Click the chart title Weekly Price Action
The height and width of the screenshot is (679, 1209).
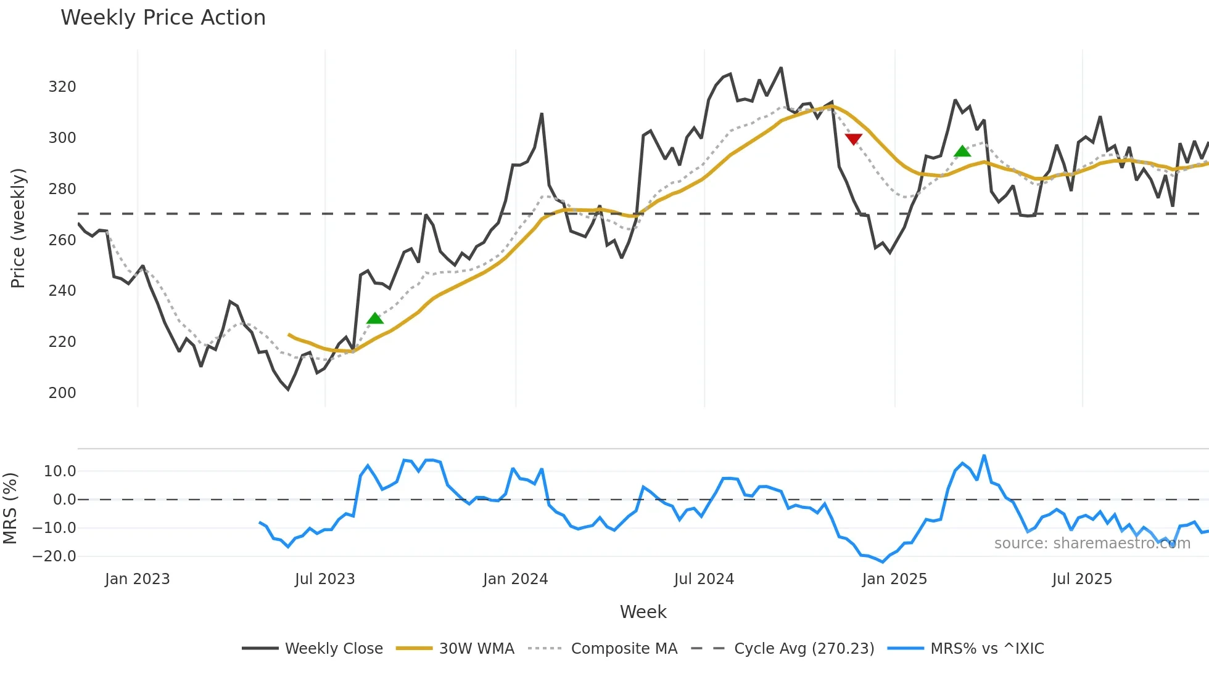(163, 18)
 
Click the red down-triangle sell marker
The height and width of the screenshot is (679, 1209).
(854, 139)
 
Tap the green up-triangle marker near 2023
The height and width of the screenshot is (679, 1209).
(375, 319)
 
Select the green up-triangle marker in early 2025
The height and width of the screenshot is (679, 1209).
(962, 151)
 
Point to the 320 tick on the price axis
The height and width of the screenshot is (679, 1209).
(62, 87)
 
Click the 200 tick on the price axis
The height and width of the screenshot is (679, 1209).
(62, 393)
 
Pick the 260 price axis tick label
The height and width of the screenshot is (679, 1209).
(62, 240)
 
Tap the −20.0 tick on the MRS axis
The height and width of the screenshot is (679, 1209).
(54, 556)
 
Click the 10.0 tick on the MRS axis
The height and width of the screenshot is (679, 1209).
(60, 471)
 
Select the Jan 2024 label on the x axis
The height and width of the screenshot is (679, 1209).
(515, 579)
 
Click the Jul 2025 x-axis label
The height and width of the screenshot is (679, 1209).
(1082, 579)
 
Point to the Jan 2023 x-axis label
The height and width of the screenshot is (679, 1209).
(137, 579)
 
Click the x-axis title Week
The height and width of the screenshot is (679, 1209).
(643, 612)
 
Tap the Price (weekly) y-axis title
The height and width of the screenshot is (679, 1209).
(18, 228)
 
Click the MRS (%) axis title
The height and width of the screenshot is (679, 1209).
(10, 508)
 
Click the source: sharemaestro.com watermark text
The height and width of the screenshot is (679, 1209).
(1092, 543)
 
